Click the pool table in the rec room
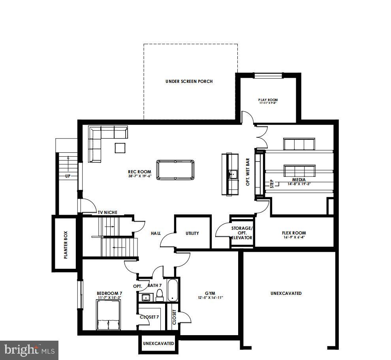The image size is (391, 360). pos(175,169)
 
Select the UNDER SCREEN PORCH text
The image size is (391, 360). pos(189,81)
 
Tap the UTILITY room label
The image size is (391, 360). pos(192,233)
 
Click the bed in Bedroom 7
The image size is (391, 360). pos(109,315)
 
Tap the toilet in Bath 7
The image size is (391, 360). pos(160,294)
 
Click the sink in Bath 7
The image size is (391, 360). pos(145,297)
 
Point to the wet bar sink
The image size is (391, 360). pos(233,173)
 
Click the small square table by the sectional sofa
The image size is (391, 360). pos(120,148)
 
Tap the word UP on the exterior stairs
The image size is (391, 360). pos(68,176)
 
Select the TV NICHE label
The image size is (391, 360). pos(108,212)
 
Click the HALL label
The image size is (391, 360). pos(156,233)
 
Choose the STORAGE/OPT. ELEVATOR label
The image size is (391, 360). pos(241,233)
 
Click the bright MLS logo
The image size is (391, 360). pos(29,349)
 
